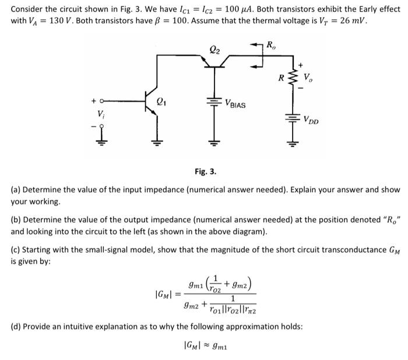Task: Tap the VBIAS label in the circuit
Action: [x=235, y=104]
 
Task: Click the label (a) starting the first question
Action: [x=17, y=190]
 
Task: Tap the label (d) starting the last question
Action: [x=17, y=326]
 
